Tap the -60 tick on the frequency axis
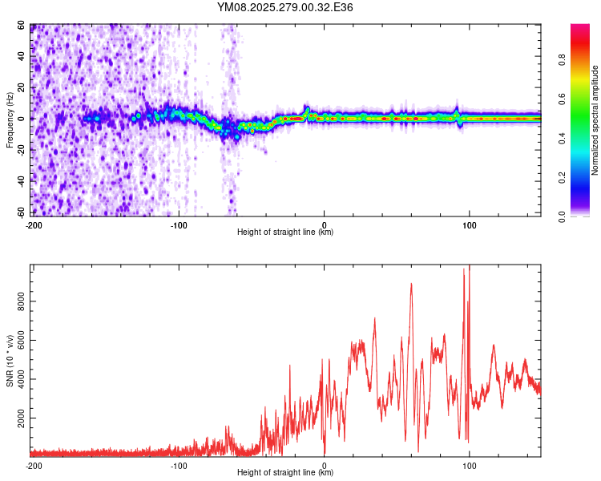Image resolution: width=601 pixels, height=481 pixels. (21, 212)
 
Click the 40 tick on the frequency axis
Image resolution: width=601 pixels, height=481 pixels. (22, 57)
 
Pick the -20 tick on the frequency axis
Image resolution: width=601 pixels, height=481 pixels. (21, 150)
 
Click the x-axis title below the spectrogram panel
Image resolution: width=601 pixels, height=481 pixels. (285, 232)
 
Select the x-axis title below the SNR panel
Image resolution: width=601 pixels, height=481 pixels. (285, 473)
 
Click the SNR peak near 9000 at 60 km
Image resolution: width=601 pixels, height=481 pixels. (411, 284)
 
